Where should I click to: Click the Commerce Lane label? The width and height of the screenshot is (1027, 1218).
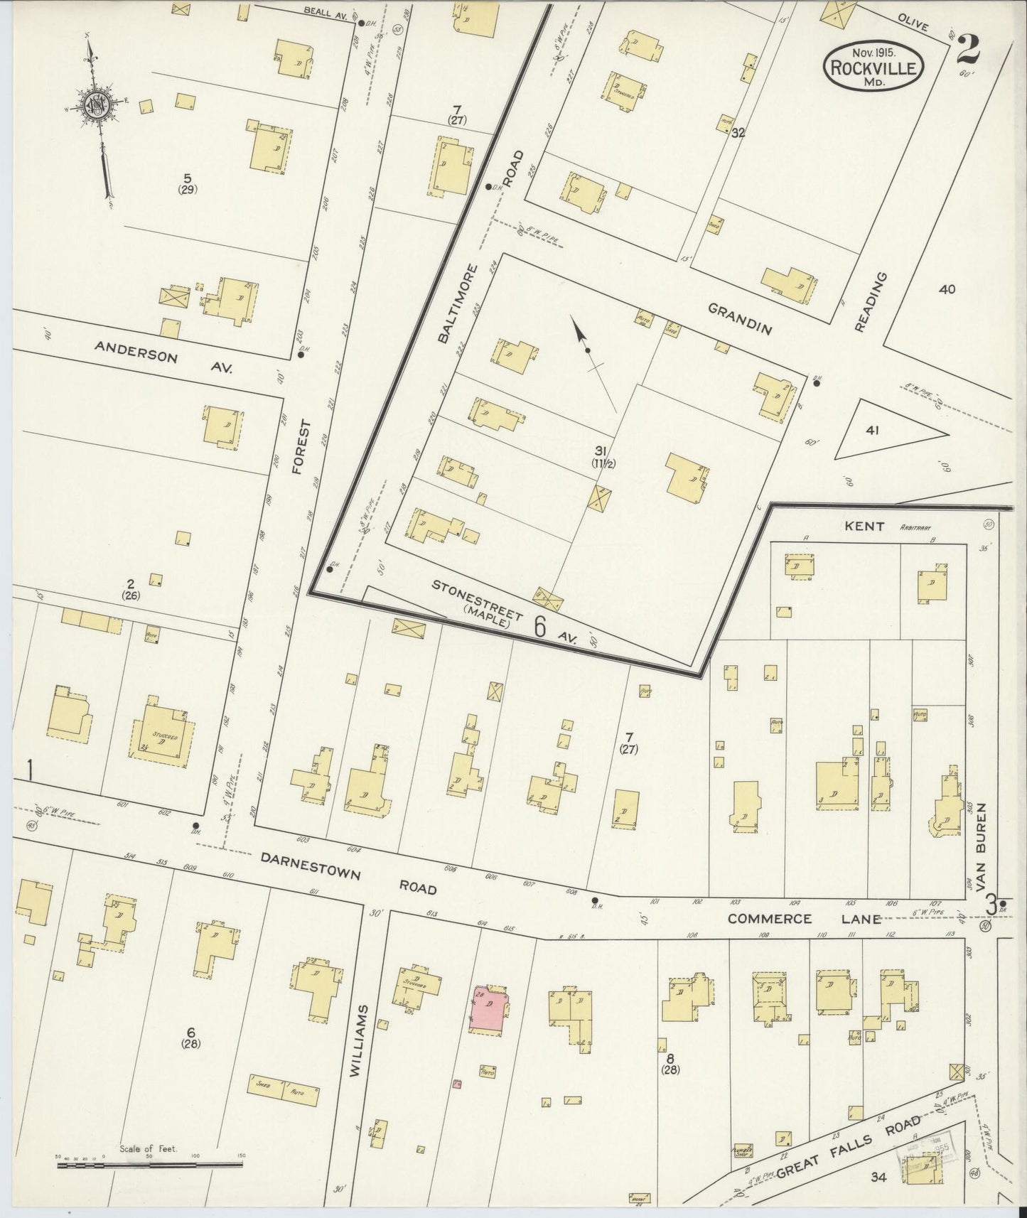(803, 918)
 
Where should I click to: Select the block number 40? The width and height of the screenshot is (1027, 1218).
(946, 289)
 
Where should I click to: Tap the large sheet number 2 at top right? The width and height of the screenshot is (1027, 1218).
(967, 50)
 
